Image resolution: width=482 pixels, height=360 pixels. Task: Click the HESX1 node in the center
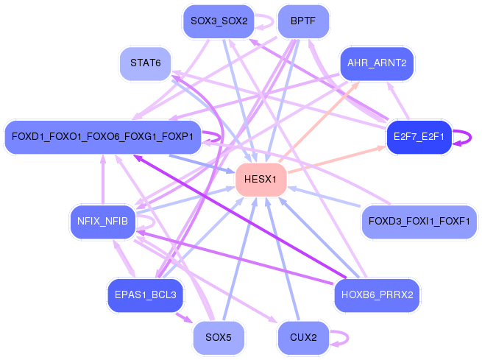pos(261,180)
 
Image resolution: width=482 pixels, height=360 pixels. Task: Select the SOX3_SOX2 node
pos(219,21)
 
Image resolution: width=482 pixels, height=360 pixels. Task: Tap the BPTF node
pos(303,21)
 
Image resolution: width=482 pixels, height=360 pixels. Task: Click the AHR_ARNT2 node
pos(377,63)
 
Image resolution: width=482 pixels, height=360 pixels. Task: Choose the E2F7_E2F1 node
pos(418,137)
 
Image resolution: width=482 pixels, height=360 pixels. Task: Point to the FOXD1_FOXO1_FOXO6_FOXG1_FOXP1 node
pos(102,137)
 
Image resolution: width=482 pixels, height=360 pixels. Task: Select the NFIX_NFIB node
pos(102,221)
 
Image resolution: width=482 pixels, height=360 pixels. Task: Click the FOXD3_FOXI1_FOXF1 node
pos(419,221)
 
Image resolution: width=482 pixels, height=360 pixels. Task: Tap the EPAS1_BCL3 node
pos(145,294)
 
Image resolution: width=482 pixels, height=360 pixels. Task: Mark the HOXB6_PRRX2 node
pos(377,294)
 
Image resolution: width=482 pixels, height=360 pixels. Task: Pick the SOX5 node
pos(219,338)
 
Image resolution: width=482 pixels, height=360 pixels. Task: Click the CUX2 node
pos(303,338)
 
